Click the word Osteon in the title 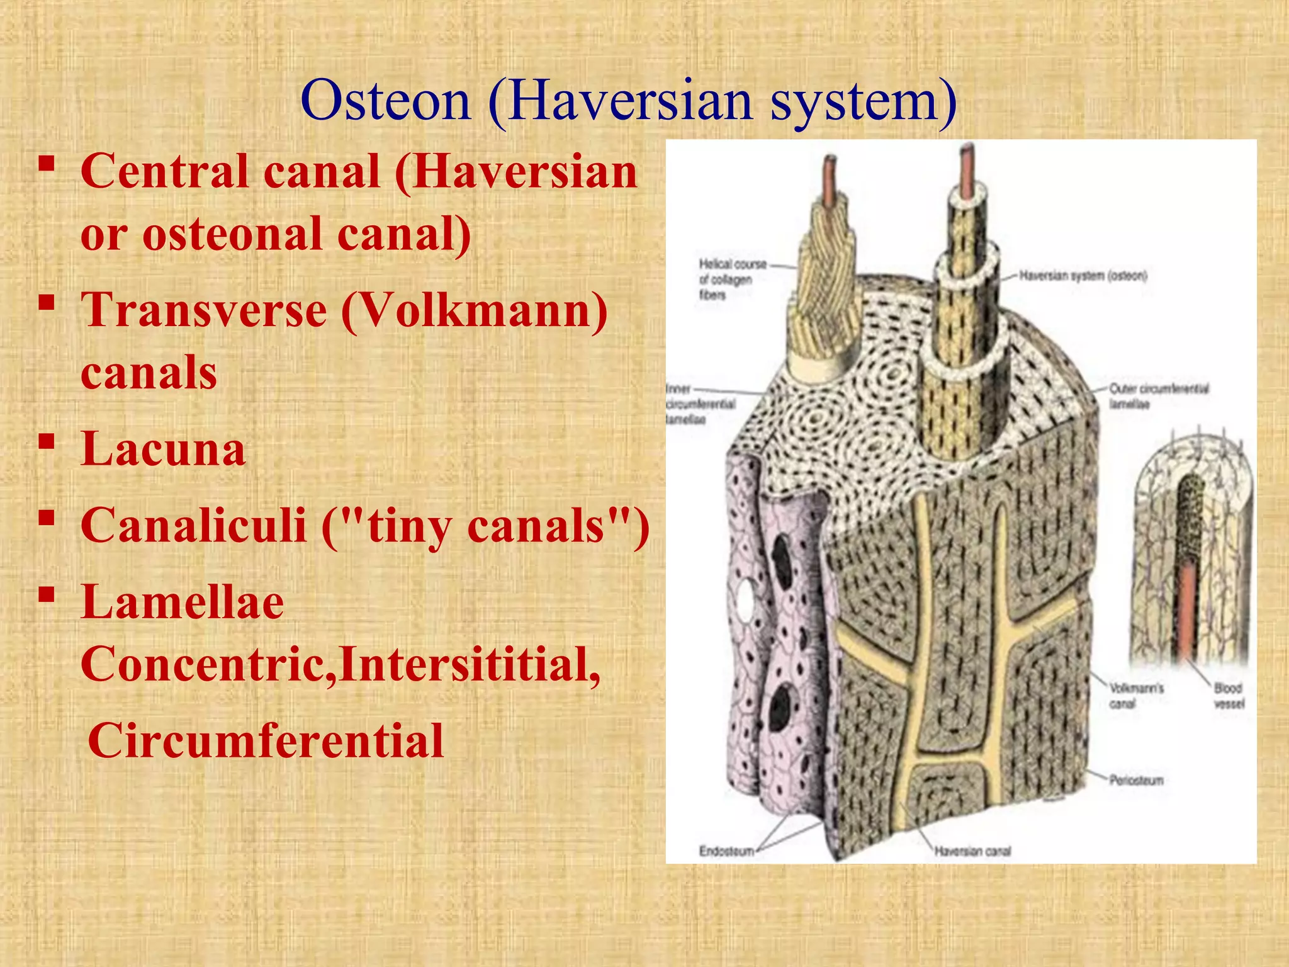pos(385,101)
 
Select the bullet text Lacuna pos(162,449)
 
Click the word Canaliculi pos(193,525)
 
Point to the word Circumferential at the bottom pos(266,740)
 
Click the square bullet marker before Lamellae pos(45,594)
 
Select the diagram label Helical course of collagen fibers pos(731,279)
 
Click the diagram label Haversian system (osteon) pos(1083,276)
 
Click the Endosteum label pos(726,851)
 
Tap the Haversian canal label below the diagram pos(972,851)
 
